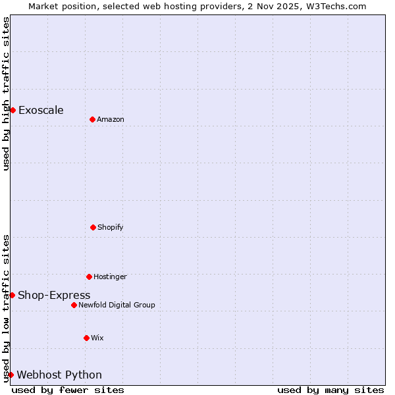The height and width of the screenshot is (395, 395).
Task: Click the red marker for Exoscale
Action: coord(13,110)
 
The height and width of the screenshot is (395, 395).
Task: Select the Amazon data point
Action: coord(92,119)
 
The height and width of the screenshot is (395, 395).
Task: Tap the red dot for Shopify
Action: coord(93,227)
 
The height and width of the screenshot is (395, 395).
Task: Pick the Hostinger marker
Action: coord(89,276)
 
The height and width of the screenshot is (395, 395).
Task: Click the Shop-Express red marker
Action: coord(12,295)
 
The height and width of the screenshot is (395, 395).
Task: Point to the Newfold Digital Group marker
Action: coord(74,305)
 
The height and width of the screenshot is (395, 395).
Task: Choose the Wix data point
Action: coord(86,338)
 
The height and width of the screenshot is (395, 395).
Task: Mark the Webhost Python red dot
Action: coord(11,375)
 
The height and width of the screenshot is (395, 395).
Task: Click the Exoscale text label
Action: coord(41,110)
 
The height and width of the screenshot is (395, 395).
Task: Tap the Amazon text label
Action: coord(111,120)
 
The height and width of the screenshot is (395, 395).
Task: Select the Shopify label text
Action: coord(111,228)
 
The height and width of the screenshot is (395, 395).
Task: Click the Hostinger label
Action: coord(110,277)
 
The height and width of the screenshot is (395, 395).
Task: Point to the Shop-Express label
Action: coord(54,296)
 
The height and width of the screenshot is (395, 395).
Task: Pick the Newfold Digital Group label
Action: coord(117,305)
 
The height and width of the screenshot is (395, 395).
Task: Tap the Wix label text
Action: coord(97,338)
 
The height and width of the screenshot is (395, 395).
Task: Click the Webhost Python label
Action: coord(59,375)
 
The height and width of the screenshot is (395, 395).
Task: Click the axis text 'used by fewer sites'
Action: coord(68,390)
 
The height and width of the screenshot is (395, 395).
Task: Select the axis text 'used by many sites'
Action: coord(330,390)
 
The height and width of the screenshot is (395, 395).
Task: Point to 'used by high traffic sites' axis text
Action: coord(6,93)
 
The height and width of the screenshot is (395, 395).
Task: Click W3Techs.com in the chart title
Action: coord(334,6)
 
